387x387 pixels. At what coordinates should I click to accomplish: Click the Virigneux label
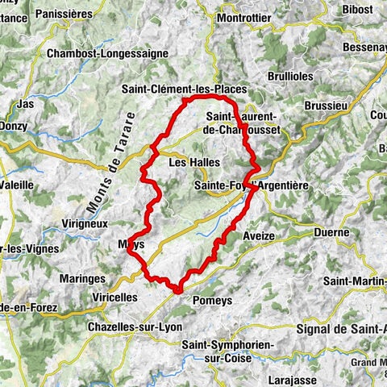[x=84, y=223]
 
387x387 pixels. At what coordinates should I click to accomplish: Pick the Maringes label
[x=81, y=278]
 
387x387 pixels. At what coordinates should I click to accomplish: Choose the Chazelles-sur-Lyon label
[x=134, y=327]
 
